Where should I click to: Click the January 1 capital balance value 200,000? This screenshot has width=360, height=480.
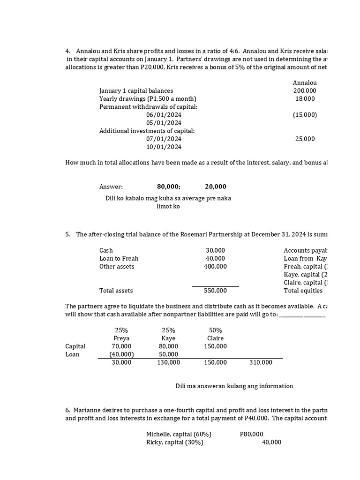pos(305,90)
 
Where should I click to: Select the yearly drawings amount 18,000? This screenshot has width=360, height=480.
pos(306,98)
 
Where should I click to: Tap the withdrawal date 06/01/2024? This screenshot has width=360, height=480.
pos(164,115)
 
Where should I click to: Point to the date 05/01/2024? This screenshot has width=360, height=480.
pos(164,123)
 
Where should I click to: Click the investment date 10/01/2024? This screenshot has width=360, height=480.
pos(164,147)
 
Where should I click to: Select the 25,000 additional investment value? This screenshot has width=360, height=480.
pos(306,139)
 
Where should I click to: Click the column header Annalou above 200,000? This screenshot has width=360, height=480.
pos(305,82)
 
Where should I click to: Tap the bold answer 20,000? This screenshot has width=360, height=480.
pos(216,187)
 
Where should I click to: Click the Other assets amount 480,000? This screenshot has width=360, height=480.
pos(216,266)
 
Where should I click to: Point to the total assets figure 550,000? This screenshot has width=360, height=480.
pos(216,291)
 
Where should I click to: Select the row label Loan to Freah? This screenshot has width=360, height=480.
pos(119,258)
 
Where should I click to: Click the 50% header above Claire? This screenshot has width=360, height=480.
pos(215,330)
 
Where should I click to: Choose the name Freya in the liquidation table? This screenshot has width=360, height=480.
pos(121,338)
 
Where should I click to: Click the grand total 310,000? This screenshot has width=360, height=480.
pos(261,362)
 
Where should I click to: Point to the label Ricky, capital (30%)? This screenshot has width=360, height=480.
pos(174,442)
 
